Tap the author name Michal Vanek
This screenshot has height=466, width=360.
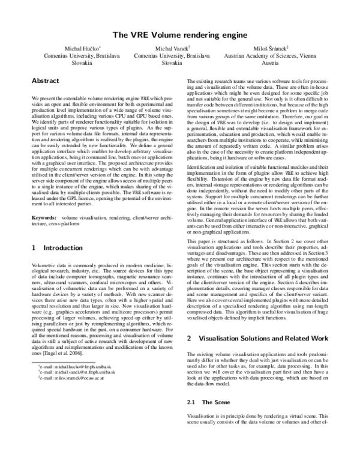click(x=172, y=47)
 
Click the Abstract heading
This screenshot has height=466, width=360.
click(x=46, y=80)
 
